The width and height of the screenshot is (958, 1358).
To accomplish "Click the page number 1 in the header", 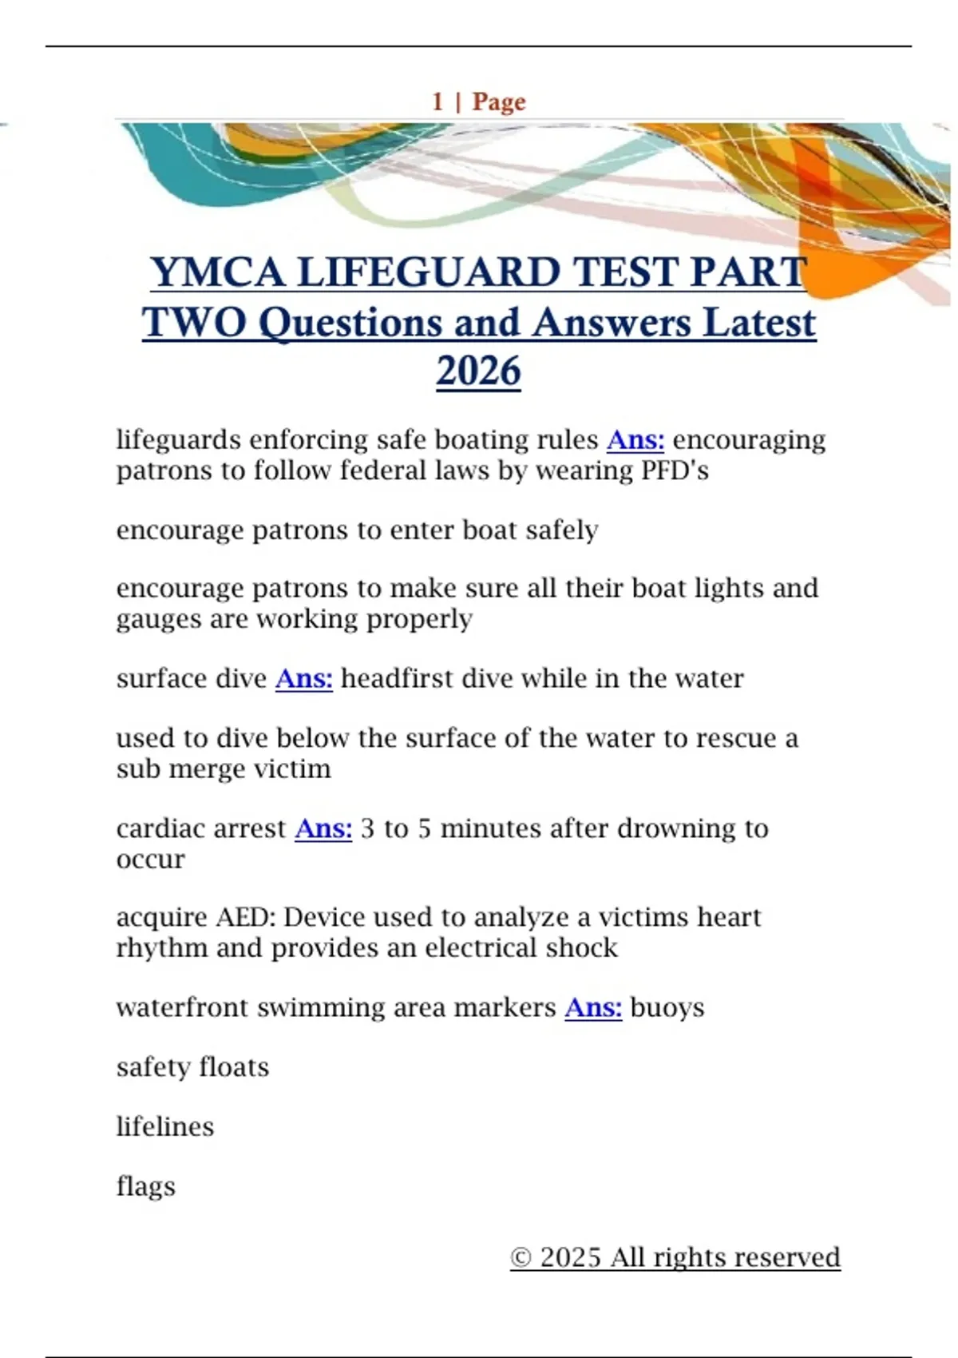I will pyautogui.click(x=437, y=102).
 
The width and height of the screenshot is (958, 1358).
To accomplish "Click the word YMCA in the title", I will pyautogui.click(x=218, y=272).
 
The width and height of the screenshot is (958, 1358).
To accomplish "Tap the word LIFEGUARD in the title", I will pyautogui.click(x=429, y=272).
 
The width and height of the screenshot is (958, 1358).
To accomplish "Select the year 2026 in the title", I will pyautogui.click(x=478, y=371).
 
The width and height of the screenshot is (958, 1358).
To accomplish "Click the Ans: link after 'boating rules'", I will pyautogui.click(x=635, y=440).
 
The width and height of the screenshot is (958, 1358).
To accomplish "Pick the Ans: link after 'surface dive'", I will pyautogui.click(x=304, y=679).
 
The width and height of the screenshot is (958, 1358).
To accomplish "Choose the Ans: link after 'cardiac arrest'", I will pyautogui.click(x=323, y=829).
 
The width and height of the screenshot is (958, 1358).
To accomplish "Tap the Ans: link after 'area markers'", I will pyautogui.click(x=593, y=1008).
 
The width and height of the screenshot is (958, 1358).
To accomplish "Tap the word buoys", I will pyautogui.click(x=667, y=1008).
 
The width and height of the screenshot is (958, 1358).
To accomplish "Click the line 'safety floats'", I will pyautogui.click(x=192, y=1068).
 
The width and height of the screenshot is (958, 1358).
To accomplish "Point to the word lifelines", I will pyautogui.click(x=165, y=1127).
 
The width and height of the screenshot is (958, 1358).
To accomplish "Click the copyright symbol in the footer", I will pyautogui.click(x=521, y=1258).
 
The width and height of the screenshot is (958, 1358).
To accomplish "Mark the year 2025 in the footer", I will pyautogui.click(x=570, y=1258).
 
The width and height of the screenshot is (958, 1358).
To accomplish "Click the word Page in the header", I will pyautogui.click(x=499, y=102).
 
